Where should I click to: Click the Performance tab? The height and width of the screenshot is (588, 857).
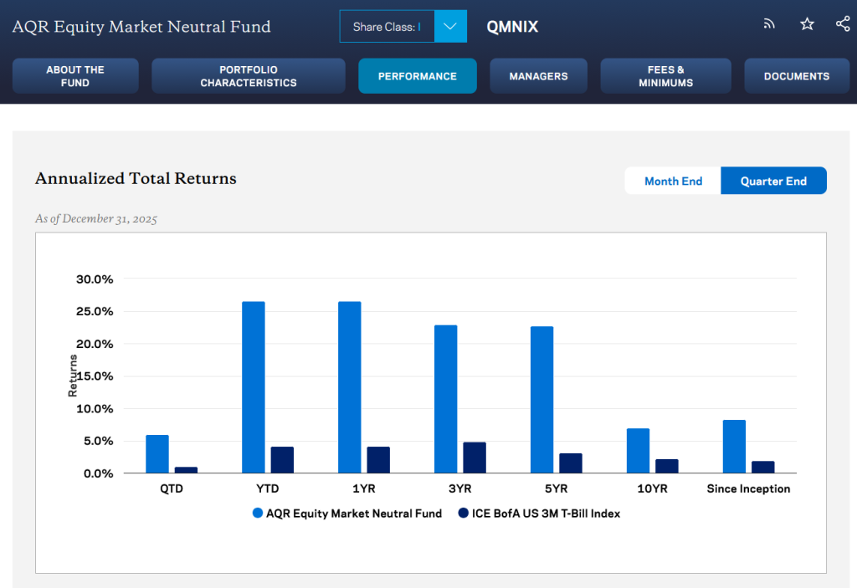417,76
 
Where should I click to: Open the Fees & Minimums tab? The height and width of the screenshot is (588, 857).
665,76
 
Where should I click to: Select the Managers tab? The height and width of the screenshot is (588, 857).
538,76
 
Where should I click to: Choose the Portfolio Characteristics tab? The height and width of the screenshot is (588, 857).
248,76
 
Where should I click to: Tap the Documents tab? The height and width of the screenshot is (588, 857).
796,76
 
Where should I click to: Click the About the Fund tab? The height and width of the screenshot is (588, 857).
75,76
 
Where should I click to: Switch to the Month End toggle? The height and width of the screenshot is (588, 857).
673,181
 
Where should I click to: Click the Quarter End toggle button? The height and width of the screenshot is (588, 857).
773,181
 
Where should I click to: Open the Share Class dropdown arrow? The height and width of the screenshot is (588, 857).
450,27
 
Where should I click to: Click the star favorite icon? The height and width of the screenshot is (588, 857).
807,24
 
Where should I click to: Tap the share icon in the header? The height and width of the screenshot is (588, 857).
842,24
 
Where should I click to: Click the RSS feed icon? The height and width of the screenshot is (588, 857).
769,24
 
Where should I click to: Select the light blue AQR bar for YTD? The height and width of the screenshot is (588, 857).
254,387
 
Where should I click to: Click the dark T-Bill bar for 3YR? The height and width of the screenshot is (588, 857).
475,458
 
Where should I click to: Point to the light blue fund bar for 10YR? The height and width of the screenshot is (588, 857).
638,451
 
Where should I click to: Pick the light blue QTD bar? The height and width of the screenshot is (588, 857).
157,454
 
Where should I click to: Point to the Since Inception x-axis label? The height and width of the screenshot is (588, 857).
748,488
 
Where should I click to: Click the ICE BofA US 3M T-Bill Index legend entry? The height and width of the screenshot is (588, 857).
539,514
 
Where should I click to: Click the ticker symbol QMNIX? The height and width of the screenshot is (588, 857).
512,27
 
